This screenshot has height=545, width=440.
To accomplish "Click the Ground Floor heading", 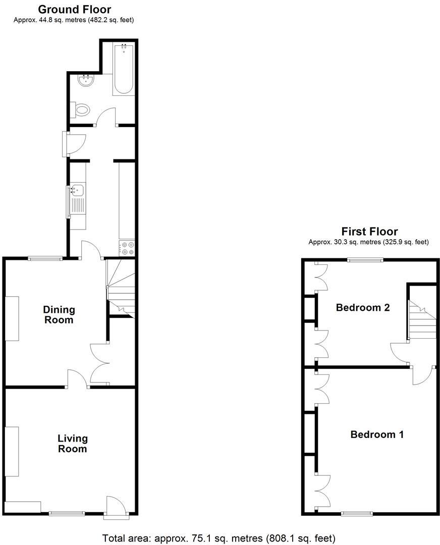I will point(74,9).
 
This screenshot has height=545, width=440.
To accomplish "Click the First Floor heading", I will point(369,232).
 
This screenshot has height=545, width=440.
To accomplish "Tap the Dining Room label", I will point(59,314).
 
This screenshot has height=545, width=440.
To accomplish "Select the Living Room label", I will point(72,444).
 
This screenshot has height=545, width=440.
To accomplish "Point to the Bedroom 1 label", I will point(377,434).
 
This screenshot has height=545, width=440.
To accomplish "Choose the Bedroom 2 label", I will point(363,307).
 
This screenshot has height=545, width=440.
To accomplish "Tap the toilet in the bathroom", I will point(81,109).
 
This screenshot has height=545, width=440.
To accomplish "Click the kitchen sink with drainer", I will point(77,199).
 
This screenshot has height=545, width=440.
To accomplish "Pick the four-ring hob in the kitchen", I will point(127,248).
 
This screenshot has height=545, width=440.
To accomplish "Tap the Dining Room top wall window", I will point(45,258).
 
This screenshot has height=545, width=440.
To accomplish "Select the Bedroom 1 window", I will point(357,514).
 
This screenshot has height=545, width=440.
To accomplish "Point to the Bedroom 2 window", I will point(365,260).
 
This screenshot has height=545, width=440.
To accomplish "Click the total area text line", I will point(219,538).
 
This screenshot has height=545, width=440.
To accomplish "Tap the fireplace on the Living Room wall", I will point(12,451).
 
